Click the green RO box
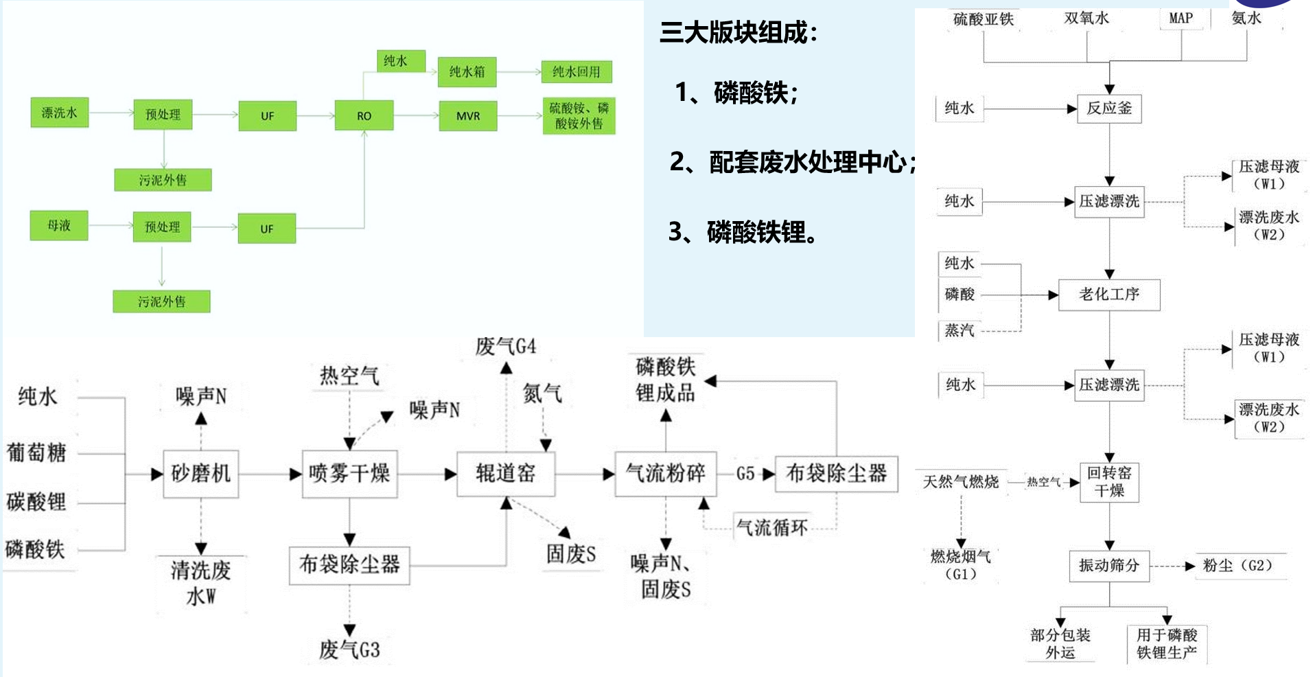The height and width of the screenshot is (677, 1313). point(364,115)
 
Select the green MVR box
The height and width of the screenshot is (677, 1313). point(467,115)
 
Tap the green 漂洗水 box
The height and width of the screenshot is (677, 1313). point(60,113)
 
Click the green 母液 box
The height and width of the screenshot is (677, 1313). point(59,225)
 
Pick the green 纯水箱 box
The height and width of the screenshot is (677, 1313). point(467,71)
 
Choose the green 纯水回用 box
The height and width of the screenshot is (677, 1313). point(576,71)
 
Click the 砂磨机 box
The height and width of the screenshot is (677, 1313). point(200,473)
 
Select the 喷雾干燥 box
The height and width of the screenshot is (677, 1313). point(349,473)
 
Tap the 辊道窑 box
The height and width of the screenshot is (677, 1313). point(506,473)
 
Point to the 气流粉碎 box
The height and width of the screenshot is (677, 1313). point(665,473)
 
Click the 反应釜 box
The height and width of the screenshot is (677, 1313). point(1109,108)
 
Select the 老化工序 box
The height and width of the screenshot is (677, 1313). point(1109,295)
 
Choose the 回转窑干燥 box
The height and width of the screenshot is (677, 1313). point(1109,482)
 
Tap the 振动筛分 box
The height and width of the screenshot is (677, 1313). point(1109,566)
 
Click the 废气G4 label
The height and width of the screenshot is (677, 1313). point(506,346)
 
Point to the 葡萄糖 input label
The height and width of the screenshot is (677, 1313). point(36,452)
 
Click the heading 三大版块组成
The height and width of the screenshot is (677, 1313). point(739,32)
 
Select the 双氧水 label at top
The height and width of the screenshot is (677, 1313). point(1087,19)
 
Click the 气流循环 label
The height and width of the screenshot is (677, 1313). point(771,527)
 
